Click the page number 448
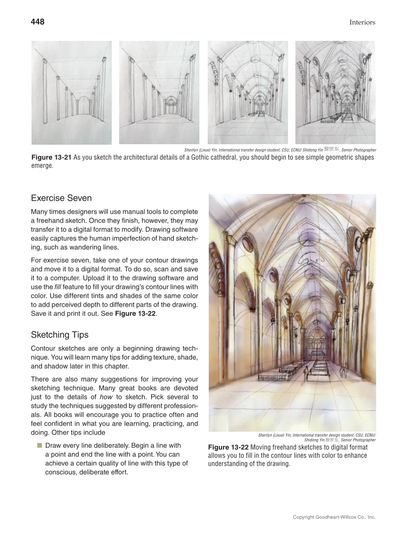coord(37,22)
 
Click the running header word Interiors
coord(362,22)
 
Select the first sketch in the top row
coord(71,93)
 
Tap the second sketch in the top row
coord(159,93)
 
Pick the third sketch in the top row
coord(248,93)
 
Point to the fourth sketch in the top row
coord(335,93)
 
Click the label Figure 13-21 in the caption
coord(51,157)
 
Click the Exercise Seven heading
coord(61,198)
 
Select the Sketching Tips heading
coord(60,335)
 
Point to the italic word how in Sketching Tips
coord(107,397)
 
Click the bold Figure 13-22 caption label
coord(228,447)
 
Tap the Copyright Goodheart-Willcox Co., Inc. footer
coord(334,517)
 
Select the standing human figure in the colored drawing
coord(306,373)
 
